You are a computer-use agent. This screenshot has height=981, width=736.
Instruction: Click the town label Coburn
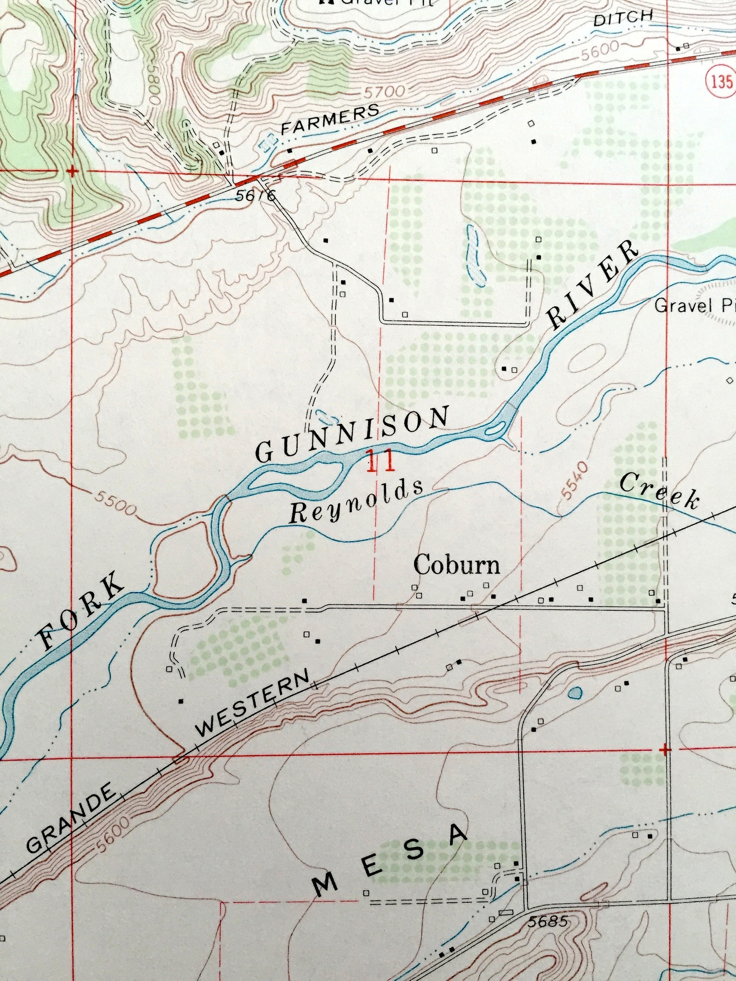(x=457, y=565)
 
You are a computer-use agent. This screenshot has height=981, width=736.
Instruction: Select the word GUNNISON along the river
(x=353, y=434)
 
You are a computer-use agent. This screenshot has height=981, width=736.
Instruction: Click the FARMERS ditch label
(x=330, y=119)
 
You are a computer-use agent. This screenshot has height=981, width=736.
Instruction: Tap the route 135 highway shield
(x=722, y=82)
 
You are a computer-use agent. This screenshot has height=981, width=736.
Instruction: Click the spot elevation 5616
(x=254, y=196)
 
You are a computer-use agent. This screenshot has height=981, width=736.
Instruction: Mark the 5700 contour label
(x=384, y=91)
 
